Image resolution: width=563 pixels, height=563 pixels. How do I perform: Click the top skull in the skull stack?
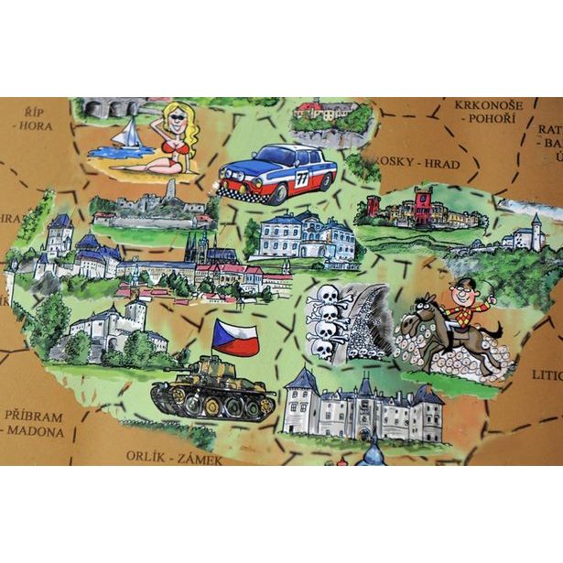[325, 295]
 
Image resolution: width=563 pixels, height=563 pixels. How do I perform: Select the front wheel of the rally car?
[252, 192]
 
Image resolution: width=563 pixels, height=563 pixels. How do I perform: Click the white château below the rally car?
[305, 237]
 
